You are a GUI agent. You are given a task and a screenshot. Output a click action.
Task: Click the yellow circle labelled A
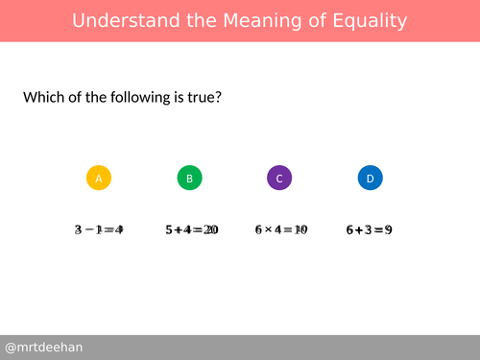tap(99, 178)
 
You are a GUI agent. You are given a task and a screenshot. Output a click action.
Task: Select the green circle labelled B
tap(190, 178)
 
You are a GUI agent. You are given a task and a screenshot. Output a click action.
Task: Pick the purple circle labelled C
tap(279, 178)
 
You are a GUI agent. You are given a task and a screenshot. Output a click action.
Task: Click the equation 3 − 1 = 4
tap(99, 230)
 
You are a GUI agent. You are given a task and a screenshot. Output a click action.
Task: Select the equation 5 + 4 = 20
tap(191, 230)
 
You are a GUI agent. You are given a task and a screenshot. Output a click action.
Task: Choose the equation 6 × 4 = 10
tap(280, 230)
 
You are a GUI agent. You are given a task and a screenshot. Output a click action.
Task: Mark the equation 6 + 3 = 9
tap(370, 230)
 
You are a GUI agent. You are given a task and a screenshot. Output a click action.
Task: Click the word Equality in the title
tap(367, 21)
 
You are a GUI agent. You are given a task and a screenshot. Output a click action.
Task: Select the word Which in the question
tap(45, 98)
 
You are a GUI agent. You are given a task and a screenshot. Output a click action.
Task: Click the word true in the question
tap(203, 98)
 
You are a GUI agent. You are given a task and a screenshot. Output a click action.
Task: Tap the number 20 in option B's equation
tap(211, 230)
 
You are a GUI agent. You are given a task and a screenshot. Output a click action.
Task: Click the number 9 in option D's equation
tap(388, 230)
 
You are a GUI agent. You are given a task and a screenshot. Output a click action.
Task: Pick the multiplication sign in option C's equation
tap(268, 230)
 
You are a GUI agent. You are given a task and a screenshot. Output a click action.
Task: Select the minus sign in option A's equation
tap(89, 230)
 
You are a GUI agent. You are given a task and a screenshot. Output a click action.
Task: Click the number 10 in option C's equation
tap(300, 230)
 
